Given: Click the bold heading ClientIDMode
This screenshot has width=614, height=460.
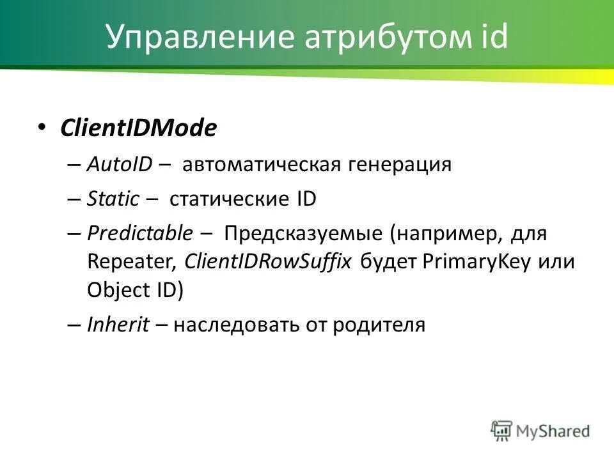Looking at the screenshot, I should point(138,128).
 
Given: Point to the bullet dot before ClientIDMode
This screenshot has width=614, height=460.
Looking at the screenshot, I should point(42,126).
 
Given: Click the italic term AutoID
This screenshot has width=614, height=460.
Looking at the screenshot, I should point(119,165).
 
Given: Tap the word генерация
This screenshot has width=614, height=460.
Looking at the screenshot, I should point(400,165).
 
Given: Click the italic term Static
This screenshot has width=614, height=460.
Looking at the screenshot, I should point(113,199).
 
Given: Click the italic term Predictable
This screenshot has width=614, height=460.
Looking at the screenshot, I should point(139,234).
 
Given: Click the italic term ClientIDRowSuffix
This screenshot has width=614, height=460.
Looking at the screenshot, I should point(268,262).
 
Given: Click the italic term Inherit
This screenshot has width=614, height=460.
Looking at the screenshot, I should point(118,325).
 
